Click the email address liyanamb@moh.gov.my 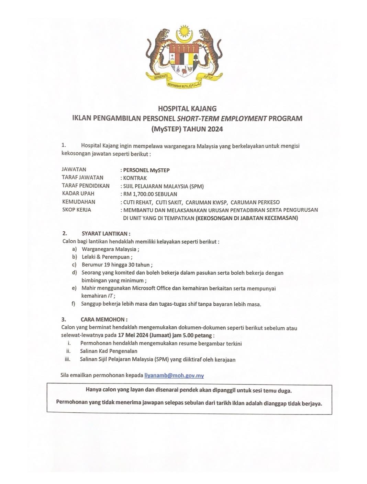coord(174,375)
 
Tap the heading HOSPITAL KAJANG coord(187,109)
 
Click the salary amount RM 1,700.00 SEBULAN coord(150,194)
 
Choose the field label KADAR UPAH coord(78,193)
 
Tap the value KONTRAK coord(135,178)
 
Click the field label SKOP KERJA coord(76,210)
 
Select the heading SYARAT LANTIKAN coord(106,234)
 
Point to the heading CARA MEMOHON coord(104,319)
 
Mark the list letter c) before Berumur coord(74,265)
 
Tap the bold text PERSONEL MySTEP coord(146,170)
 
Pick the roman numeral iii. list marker coord(67,359)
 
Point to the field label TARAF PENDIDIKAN coord(86,186)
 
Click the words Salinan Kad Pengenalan coord(109,351)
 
